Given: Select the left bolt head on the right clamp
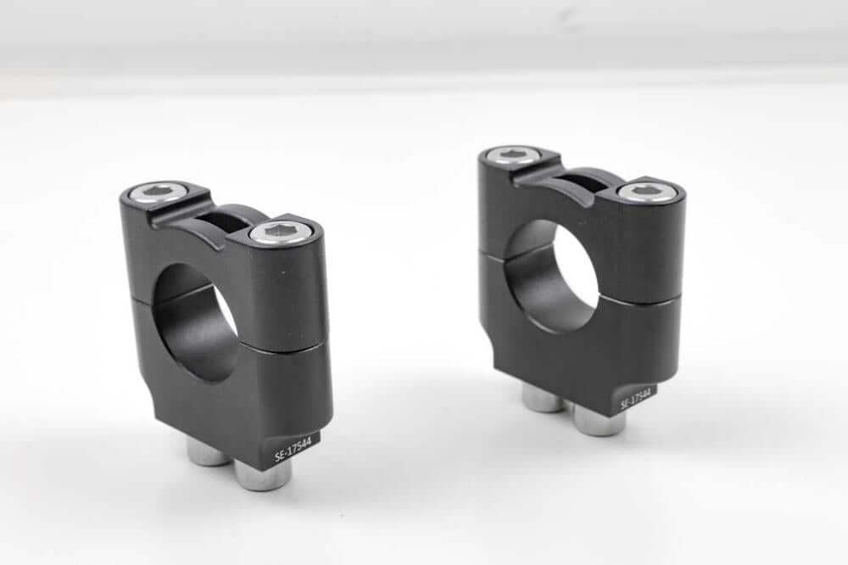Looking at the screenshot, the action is click(x=512, y=154).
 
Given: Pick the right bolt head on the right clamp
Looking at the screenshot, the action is click(x=646, y=191).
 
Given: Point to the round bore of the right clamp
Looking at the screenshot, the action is click(x=552, y=276).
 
